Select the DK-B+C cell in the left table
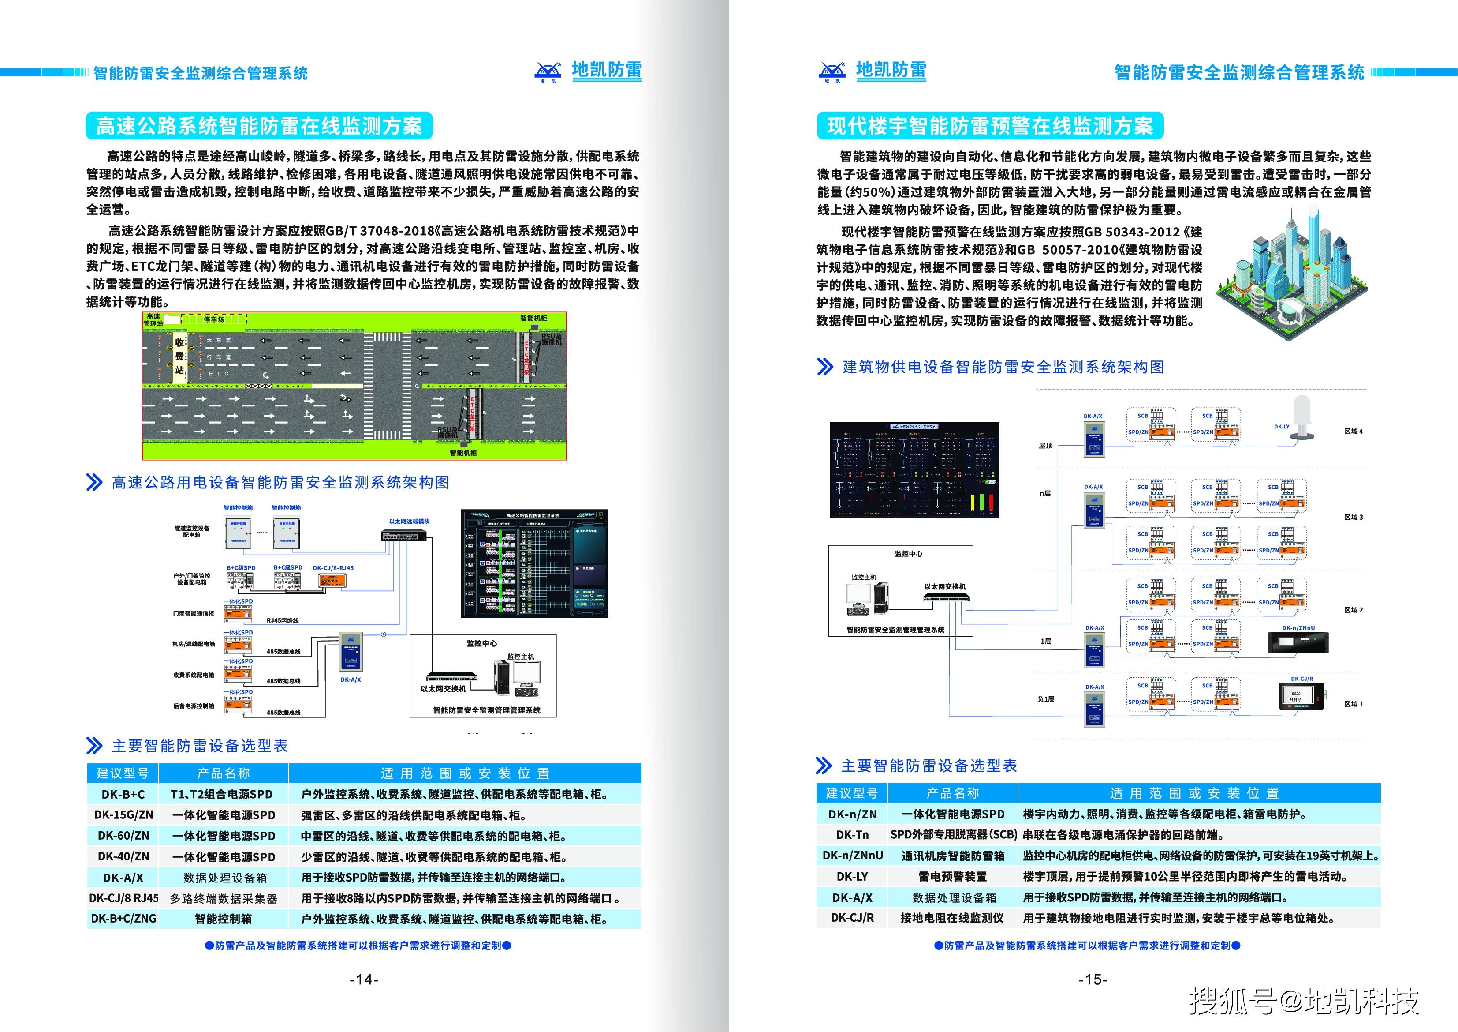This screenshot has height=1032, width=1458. pyautogui.click(x=123, y=794)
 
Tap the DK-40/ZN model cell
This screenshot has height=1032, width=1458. pyautogui.click(x=123, y=856)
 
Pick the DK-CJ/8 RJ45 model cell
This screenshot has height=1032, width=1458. pyautogui.click(x=123, y=898)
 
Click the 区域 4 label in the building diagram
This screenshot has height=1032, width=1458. pyautogui.click(x=1353, y=432)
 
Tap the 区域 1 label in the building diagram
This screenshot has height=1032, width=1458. pyautogui.click(x=1353, y=704)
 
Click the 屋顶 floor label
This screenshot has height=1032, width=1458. pyautogui.click(x=1045, y=446)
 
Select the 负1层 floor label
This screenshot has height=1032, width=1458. pyautogui.click(x=1045, y=699)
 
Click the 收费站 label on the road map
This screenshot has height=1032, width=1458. pyautogui.click(x=180, y=356)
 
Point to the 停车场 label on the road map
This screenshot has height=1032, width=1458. pyautogui.click(x=213, y=319)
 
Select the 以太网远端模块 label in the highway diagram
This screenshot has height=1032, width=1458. pyautogui.click(x=409, y=521)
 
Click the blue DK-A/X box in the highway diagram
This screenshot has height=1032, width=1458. pyautogui.click(x=350, y=651)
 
